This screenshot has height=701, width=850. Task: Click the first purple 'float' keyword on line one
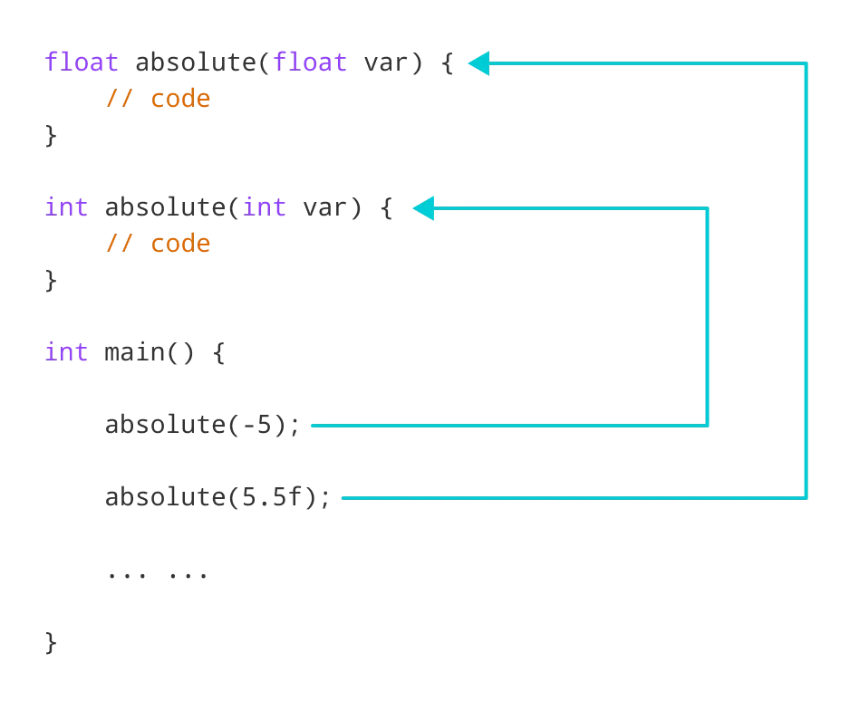[82, 62]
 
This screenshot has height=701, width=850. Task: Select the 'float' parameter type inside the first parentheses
[310, 62]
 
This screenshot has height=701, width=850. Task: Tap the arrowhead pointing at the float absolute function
[478, 63]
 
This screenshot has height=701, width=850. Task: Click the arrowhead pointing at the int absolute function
[423, 208]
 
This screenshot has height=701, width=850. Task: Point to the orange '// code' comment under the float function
[158, 99]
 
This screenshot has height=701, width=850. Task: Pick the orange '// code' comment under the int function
[158, 244]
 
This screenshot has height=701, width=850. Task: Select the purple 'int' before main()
[66, 352]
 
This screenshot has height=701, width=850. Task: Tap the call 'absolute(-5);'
[202, 425]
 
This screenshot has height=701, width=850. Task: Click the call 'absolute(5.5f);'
[217, 497]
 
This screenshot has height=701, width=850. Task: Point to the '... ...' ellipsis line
[157, 573]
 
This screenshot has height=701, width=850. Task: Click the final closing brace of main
[52, 642]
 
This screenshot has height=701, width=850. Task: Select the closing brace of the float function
[52, 136]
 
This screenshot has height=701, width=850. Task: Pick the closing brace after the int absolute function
[52, 281]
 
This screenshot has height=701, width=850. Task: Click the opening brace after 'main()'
[218, 352]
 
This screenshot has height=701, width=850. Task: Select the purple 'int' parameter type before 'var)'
[265, 207]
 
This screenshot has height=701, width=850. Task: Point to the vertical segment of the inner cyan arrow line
[707, 317]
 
